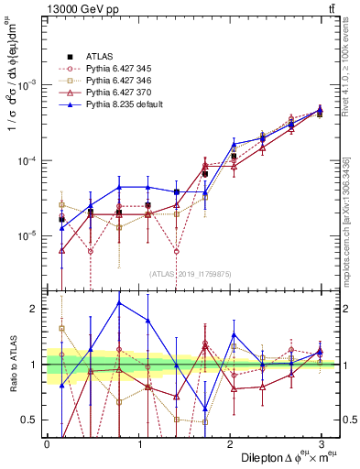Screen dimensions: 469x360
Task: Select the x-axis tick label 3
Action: pyautogui.click(x=321, y=443)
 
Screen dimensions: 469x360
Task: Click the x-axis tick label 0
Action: pyautogui.click(x=47, y=443)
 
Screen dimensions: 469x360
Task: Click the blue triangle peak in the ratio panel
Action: pyautogui.click(x=119, y=302)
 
